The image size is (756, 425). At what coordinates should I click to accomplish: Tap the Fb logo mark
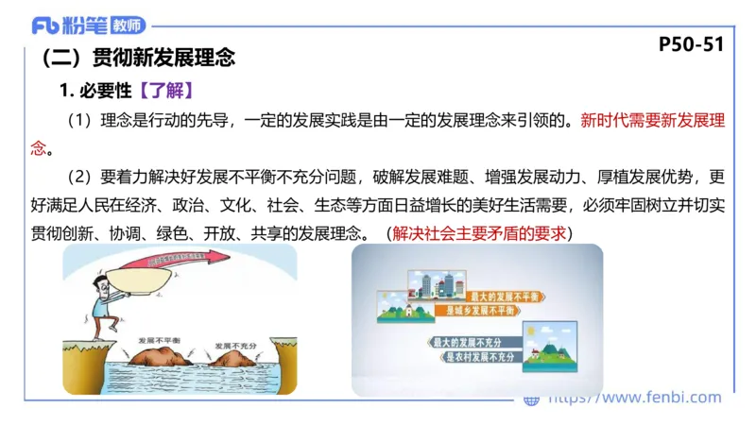44,25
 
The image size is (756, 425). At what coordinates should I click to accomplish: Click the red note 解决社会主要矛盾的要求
480,231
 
